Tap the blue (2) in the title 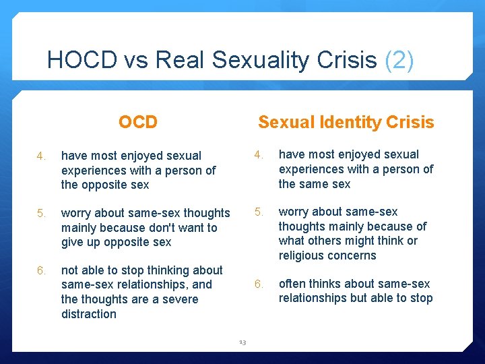(x=399, y=61)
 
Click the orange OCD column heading (x=137, y=122)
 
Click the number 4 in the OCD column (x=40, y=156)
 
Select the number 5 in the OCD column (x=40, y=214)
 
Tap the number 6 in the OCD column (x=40, y=271)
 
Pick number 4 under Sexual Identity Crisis (x=258, y=155)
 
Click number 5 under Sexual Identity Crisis (x=258, y=212)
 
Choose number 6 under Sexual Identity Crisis (x=258, y=284)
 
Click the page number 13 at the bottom (x=243, y=342)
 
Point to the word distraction (x=89, y=314)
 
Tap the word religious (x=302, y=255)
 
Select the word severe (x=179, y=299)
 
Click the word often (x=293, y=284)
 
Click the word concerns (x=352, y=255)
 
